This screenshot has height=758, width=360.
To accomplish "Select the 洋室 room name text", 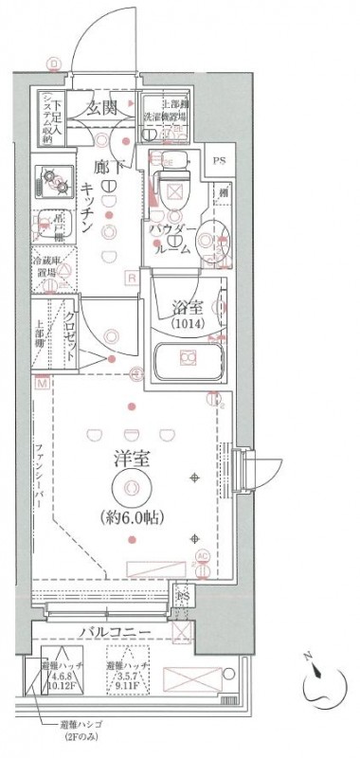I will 128,457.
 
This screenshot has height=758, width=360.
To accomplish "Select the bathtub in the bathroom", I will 187,357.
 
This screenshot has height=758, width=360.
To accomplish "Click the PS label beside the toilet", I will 220,160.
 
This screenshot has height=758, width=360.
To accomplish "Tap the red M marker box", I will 42,384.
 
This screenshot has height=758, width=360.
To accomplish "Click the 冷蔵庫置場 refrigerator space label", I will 48,267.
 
